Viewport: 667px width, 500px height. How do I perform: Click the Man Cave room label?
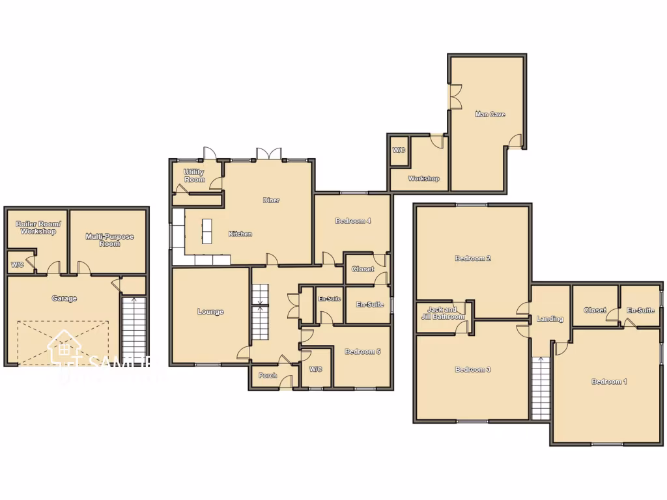click(490, 115)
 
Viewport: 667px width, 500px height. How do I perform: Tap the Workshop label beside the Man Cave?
click(423, 178)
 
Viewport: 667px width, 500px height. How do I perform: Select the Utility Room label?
click(194, 176)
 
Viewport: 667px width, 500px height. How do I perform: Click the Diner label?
click(271, 201)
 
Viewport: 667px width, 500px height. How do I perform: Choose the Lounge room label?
click(210, 312)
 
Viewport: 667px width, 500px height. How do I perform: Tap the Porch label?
click(268, 376)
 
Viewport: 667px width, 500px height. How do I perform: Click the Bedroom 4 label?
click(353, 221)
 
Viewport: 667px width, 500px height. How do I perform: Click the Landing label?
click(550, 319)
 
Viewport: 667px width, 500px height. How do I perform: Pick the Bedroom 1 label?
click(609, 382)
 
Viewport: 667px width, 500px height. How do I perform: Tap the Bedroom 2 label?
click(472, 258)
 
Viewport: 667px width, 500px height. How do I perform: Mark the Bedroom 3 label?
click(472, 370)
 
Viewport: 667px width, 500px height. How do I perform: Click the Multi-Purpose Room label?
click(109, 240)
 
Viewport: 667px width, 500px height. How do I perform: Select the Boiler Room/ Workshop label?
click(38, 227)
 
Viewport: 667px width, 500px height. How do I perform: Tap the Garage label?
click(64, 299)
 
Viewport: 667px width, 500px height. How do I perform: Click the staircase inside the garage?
click(134, 329)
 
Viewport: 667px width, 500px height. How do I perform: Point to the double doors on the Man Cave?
click(455, 96)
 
